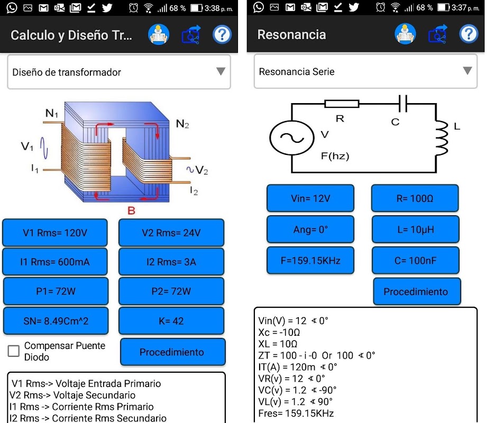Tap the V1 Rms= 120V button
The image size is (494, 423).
pyautogui.click(x=55, y=233)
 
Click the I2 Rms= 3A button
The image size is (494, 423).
pyautogui.click(x=171, y=262)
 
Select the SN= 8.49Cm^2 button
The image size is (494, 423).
pyautogui.click(x=55, y=321)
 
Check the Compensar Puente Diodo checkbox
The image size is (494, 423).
pyautogui.click(x=14, y=351)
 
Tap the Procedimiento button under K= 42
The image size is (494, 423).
pyautogui.click(x=172, y=352)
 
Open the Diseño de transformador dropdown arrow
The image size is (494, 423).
pyautogui.click(x=221, y=72)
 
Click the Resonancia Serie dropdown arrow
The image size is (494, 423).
pyautogui.click(x=467, y=71)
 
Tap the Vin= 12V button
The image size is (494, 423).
pyautogui.click(x=310, y=198)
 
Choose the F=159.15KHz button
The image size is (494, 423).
pyautogui.click(x=310, y=260)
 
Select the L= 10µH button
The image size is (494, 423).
pyautogui.click(x=415, y=229)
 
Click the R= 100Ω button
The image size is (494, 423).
pyautogui.click(x=415, y=198)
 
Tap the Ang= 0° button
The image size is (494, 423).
pyautogui.click(x=310, y=229)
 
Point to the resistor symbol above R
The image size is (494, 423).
pyautogui.click(x=342, y=104)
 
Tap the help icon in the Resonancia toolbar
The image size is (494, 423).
pyautogui.click(x=468, y=34)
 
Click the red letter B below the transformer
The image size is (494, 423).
pyautogui.click(x=132, y=211)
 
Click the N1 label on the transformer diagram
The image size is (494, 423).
pyautogui.click(x=52, y=113)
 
